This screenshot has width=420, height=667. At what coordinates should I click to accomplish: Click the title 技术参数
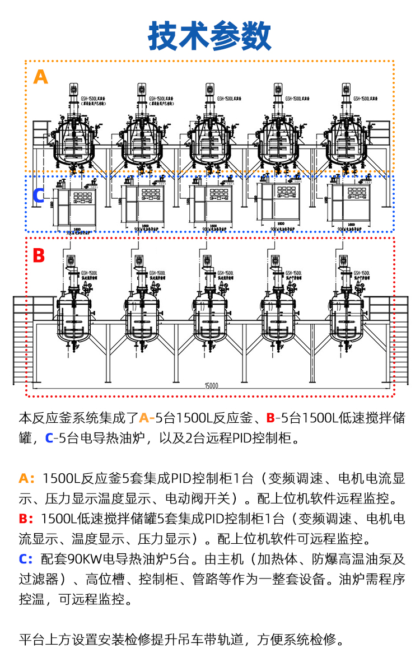[210, 36]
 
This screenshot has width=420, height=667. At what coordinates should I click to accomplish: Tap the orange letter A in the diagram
[41, 76]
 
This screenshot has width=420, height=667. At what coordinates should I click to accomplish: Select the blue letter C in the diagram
[39, 195]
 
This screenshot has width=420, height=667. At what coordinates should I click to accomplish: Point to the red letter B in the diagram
[39, 255]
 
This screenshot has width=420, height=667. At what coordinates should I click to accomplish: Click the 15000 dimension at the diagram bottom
[211, 386]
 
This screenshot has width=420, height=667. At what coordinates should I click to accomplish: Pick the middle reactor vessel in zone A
[210, 140]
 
